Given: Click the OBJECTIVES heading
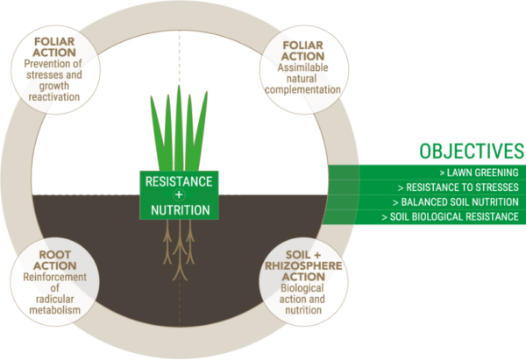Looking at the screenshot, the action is click(472, 151).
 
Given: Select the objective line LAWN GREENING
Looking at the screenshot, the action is click(479, 173).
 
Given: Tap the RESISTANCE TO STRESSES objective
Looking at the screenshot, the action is click(458, 187).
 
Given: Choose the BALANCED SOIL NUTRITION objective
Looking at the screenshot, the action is click(456, 202).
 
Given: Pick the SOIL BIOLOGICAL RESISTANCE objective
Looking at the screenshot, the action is click(451, 217).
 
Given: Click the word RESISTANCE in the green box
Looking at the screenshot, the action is click(179, 181).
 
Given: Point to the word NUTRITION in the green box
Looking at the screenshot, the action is click(181, 210).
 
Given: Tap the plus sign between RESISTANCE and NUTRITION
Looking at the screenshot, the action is click(179, 195).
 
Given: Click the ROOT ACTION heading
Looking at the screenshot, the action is click(55, 260).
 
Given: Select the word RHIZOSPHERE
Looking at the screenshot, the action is click(303, 265).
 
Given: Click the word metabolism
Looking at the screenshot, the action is click(55, 310).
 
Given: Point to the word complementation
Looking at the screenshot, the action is click(303, 90).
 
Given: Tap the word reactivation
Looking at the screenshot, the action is click(54, 97).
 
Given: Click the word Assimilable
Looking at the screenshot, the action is click(303, 67).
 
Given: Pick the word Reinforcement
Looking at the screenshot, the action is click(55, 277).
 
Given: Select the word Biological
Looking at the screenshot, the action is click(302, 288).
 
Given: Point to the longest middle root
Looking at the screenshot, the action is click(180, 250).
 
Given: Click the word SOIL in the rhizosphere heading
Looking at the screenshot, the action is click(298, 255).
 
